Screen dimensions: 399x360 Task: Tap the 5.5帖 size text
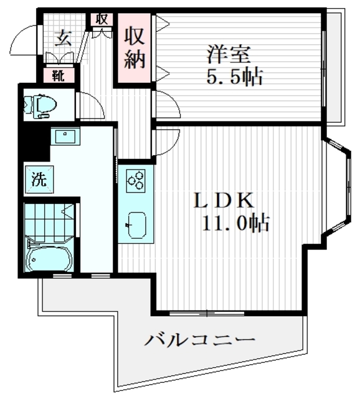pos(234,77)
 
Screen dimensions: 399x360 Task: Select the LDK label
pos(224,201)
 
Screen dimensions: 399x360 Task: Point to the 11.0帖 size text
pos(235,223)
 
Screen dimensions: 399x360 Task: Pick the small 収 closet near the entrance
pos(102,19)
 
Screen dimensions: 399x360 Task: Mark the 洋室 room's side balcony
pos(335,65)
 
